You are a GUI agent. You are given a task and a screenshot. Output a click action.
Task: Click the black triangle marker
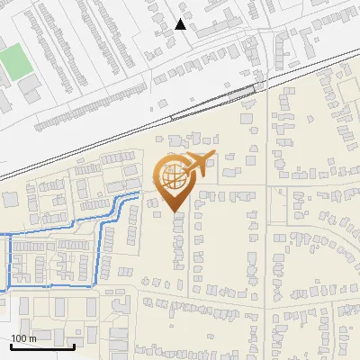click(x=180, y=24)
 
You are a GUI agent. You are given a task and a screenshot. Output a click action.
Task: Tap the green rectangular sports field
click(x=13, y=61)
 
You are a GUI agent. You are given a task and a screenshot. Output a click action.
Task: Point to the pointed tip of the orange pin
click(x=174, y=212)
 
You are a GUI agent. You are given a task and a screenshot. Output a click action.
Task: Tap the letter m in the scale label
click(x=33, y=338)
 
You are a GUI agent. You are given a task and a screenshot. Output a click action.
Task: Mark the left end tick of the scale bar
click(x=11, y=345)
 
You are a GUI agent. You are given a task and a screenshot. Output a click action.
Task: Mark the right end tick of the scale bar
click(x=74, y=345)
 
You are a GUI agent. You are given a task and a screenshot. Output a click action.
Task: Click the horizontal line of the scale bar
click(x=42, y=346)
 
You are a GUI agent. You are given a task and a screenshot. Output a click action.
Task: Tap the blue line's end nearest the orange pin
click(x=141, y=193)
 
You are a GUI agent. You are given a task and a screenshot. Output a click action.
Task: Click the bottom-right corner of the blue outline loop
click(x=96, y=284)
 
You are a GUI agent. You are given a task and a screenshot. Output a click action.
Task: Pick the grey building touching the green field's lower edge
click(x=30, y=84)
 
